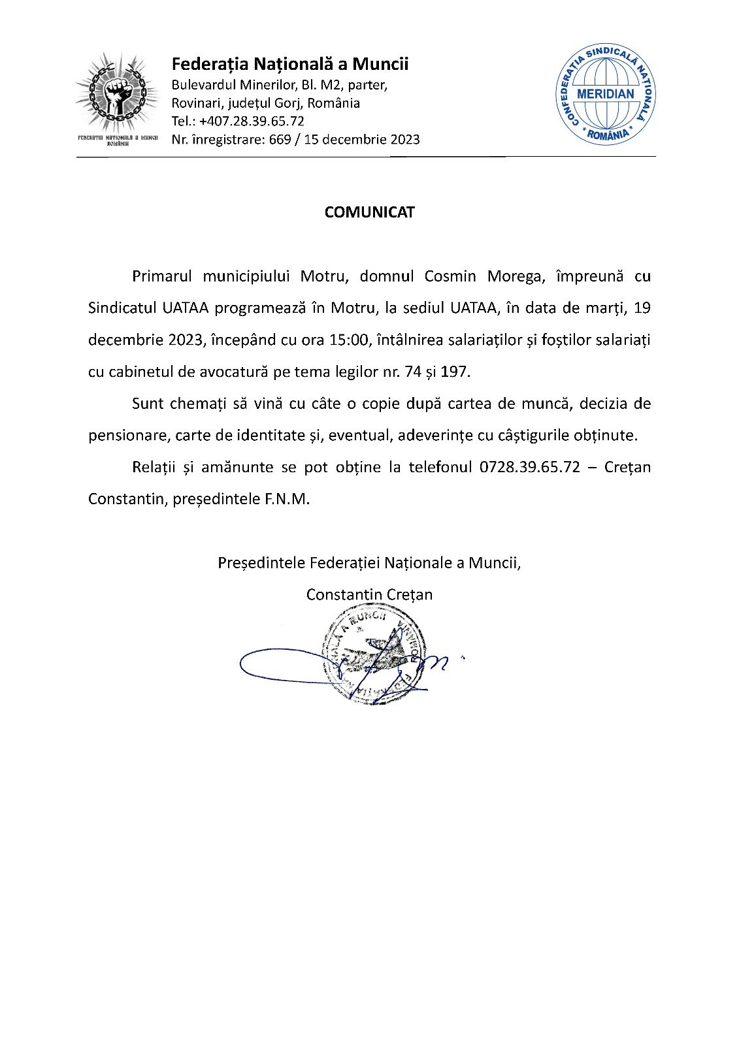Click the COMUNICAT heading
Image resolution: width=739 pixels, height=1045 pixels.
click(369, 212)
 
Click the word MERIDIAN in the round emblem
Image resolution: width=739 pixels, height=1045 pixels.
click(605, 93)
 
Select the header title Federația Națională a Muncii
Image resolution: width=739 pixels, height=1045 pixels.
click(289, 64)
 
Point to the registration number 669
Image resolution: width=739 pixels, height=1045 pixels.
click(280, 139)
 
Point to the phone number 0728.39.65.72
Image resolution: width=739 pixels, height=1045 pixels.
click(529, 468)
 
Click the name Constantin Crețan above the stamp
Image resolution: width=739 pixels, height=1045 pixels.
click(369, 594)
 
